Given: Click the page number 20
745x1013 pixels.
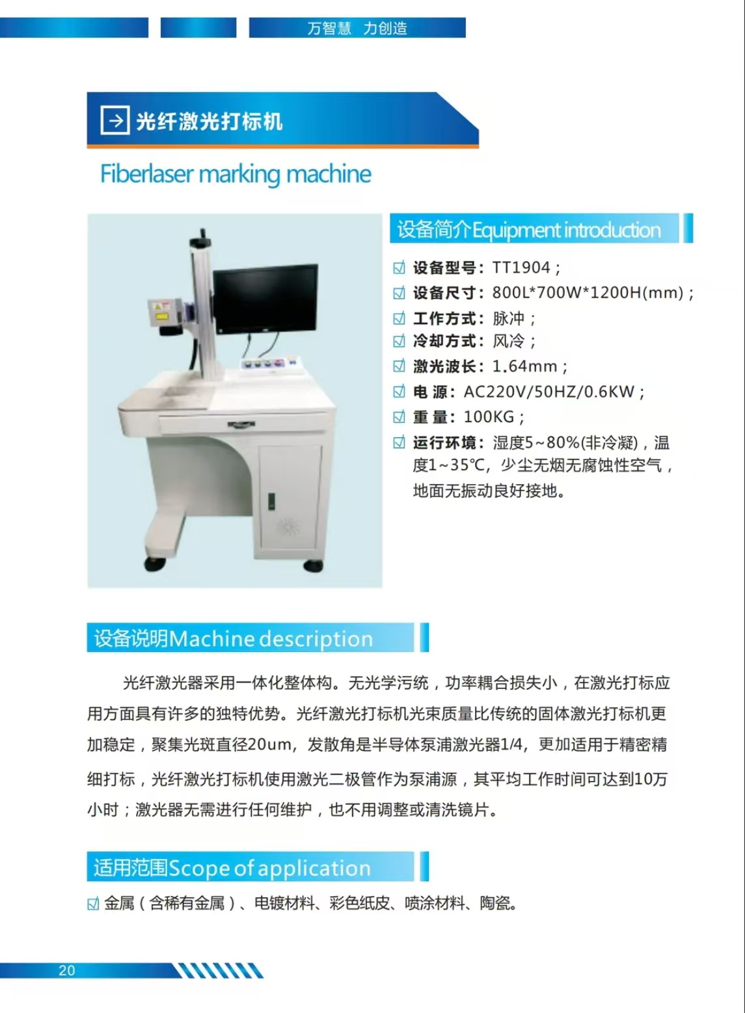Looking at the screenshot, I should pyautogui.click(x=67, y=970).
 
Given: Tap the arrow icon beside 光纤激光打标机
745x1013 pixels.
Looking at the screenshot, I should pyautogui.click(x=115, y=120).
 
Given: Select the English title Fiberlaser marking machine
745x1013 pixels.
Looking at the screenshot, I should pyautogui.click(x=236, y=174).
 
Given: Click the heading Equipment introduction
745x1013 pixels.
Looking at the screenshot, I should pyautogui.click(x=566, y=230).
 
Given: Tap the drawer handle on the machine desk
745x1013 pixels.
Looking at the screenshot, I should pyautogui.click(x=241, y=425).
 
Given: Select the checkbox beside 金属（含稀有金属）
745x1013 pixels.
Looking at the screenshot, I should pyautogui.click(x=93, y=904).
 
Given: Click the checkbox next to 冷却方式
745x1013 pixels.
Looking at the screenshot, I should pyautogui.click(x=400, y=341).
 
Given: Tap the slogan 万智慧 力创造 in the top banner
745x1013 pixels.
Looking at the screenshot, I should pyautogui.click(x=357, y=28).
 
